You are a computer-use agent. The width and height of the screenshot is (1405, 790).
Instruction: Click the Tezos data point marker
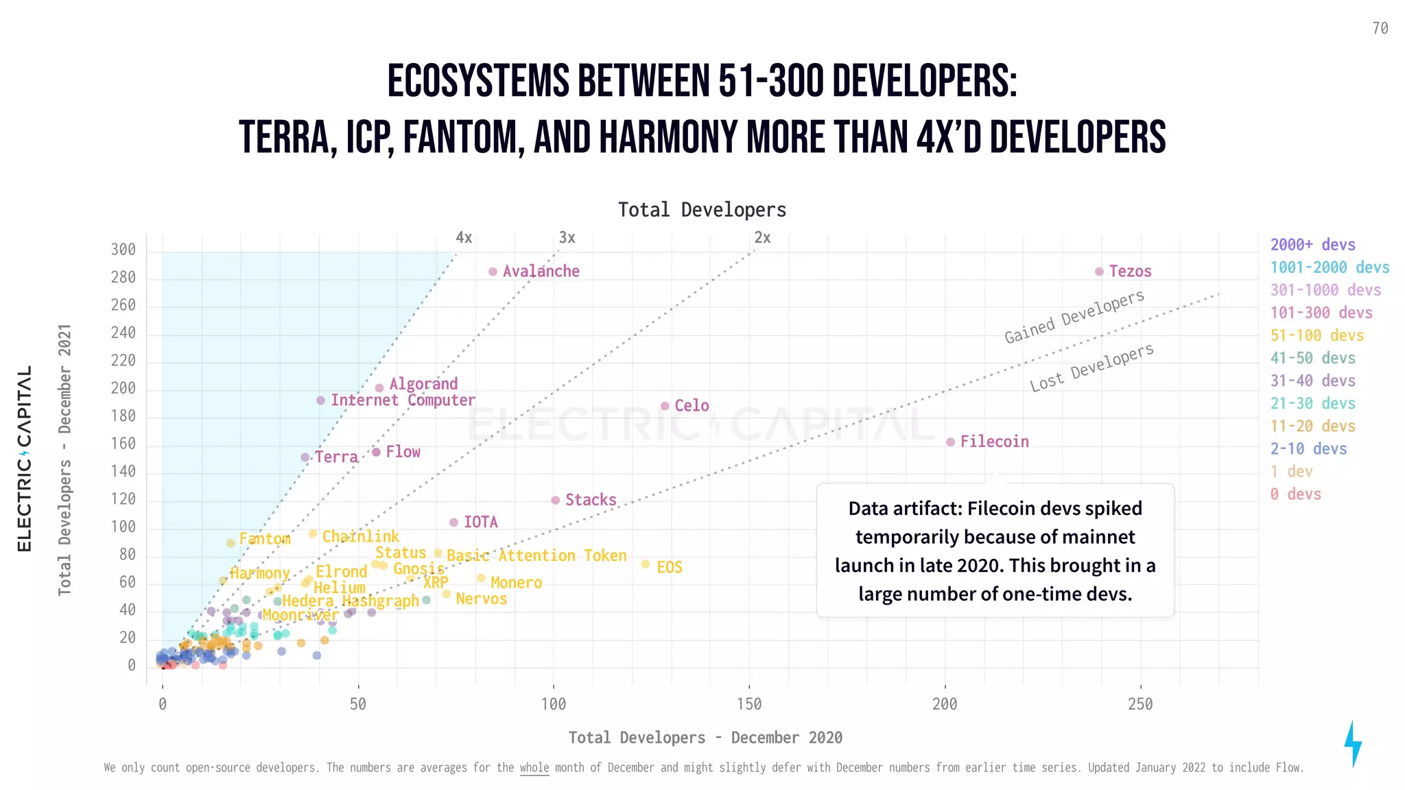(x=1099, y=272)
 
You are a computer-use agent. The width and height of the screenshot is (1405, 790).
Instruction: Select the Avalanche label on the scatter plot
(x=541, y=272)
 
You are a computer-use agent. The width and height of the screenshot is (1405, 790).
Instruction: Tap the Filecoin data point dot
(x=950, y=442)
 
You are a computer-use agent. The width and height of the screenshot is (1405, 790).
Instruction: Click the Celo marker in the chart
(x=665, y=406)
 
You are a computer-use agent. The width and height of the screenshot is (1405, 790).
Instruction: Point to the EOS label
(x=669, y=567)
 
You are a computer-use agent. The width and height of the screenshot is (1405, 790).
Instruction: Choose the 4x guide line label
(x=464, y=238)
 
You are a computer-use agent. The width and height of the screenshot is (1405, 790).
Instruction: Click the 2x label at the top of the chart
(x=762, y=238)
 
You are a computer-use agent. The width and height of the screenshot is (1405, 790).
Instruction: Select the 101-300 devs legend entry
(x=1321, y=313)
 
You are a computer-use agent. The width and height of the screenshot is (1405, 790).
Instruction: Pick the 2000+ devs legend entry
(x=1312, y=245)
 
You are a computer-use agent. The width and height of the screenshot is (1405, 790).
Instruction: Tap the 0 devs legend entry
(x=1295, y=494)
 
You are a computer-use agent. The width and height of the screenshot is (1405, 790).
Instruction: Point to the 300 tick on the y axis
(x=123, y=250)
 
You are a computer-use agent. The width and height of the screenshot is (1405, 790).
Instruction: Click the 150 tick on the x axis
(x=749, y=704)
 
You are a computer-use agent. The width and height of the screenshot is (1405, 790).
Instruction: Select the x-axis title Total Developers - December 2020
(x=705, y=738)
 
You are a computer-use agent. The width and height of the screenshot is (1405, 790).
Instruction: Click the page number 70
(x=1380, y=29)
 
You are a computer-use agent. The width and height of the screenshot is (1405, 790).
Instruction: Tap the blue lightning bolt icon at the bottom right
(x=1352, y=743)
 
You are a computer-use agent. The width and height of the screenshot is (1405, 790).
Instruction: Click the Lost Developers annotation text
(x=1091, y=368)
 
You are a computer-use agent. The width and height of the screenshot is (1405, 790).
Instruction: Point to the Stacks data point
(x=556, y=500)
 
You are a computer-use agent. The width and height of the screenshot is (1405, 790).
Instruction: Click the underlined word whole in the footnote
(x=534, y=767)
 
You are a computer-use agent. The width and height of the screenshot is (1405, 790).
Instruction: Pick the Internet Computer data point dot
(x=320, y=400)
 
